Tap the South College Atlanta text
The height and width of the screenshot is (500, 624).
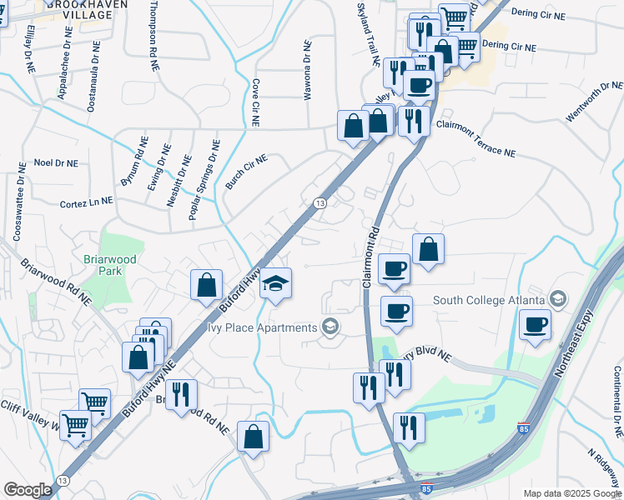(489, 300)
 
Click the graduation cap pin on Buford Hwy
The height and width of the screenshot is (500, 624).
(275, 285)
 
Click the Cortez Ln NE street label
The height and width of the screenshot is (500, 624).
(86, 202)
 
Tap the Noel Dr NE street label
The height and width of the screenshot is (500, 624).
(56, 163)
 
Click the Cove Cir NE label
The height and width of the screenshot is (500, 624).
(256, 102)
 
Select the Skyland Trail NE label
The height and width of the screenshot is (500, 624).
(368, 37)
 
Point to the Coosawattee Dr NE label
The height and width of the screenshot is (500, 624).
(18, 201)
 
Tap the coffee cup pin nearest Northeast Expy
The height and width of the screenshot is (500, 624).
(535, 324)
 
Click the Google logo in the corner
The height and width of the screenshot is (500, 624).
(28, 490)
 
